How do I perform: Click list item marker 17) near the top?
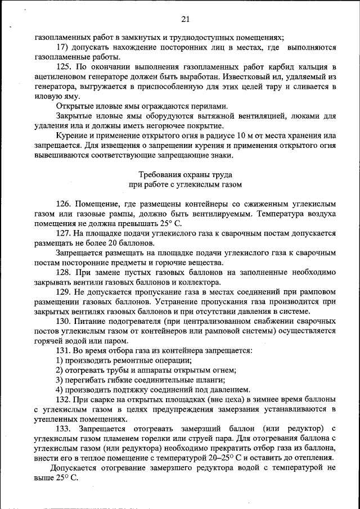tap(62, 48)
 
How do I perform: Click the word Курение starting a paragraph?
tap(70, 136)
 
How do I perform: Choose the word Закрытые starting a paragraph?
tap(73, 116)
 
